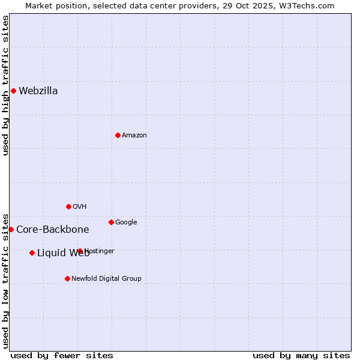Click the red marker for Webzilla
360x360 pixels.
(x=13, y=91)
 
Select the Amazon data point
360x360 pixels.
(x=118, y=135)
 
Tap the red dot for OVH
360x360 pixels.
(x=68, y=206)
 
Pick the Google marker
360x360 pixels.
(x=111, y=222)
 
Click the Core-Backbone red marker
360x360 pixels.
(x=11, y=229)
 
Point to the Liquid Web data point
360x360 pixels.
(x=32, y=253)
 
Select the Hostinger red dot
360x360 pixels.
(x=80, y=251)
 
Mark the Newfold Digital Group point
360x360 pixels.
(x=67, y=278)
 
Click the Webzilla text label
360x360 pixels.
(x=38, y=91)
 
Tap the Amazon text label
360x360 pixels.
(x=134, y=136)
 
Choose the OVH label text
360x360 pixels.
(x=80, y=207)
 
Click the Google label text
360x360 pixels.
(x=126, y=223)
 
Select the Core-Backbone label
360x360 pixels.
(x=53, y=229)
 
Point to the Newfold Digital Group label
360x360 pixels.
(x=106, y=278)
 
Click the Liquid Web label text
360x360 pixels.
(x=63, y=253)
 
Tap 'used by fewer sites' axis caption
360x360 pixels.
(x=62, y=355)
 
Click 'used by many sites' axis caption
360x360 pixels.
(x=301, y=355)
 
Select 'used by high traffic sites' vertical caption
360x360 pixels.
(x=5, y=85)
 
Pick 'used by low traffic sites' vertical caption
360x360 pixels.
(x=5, y=280)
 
